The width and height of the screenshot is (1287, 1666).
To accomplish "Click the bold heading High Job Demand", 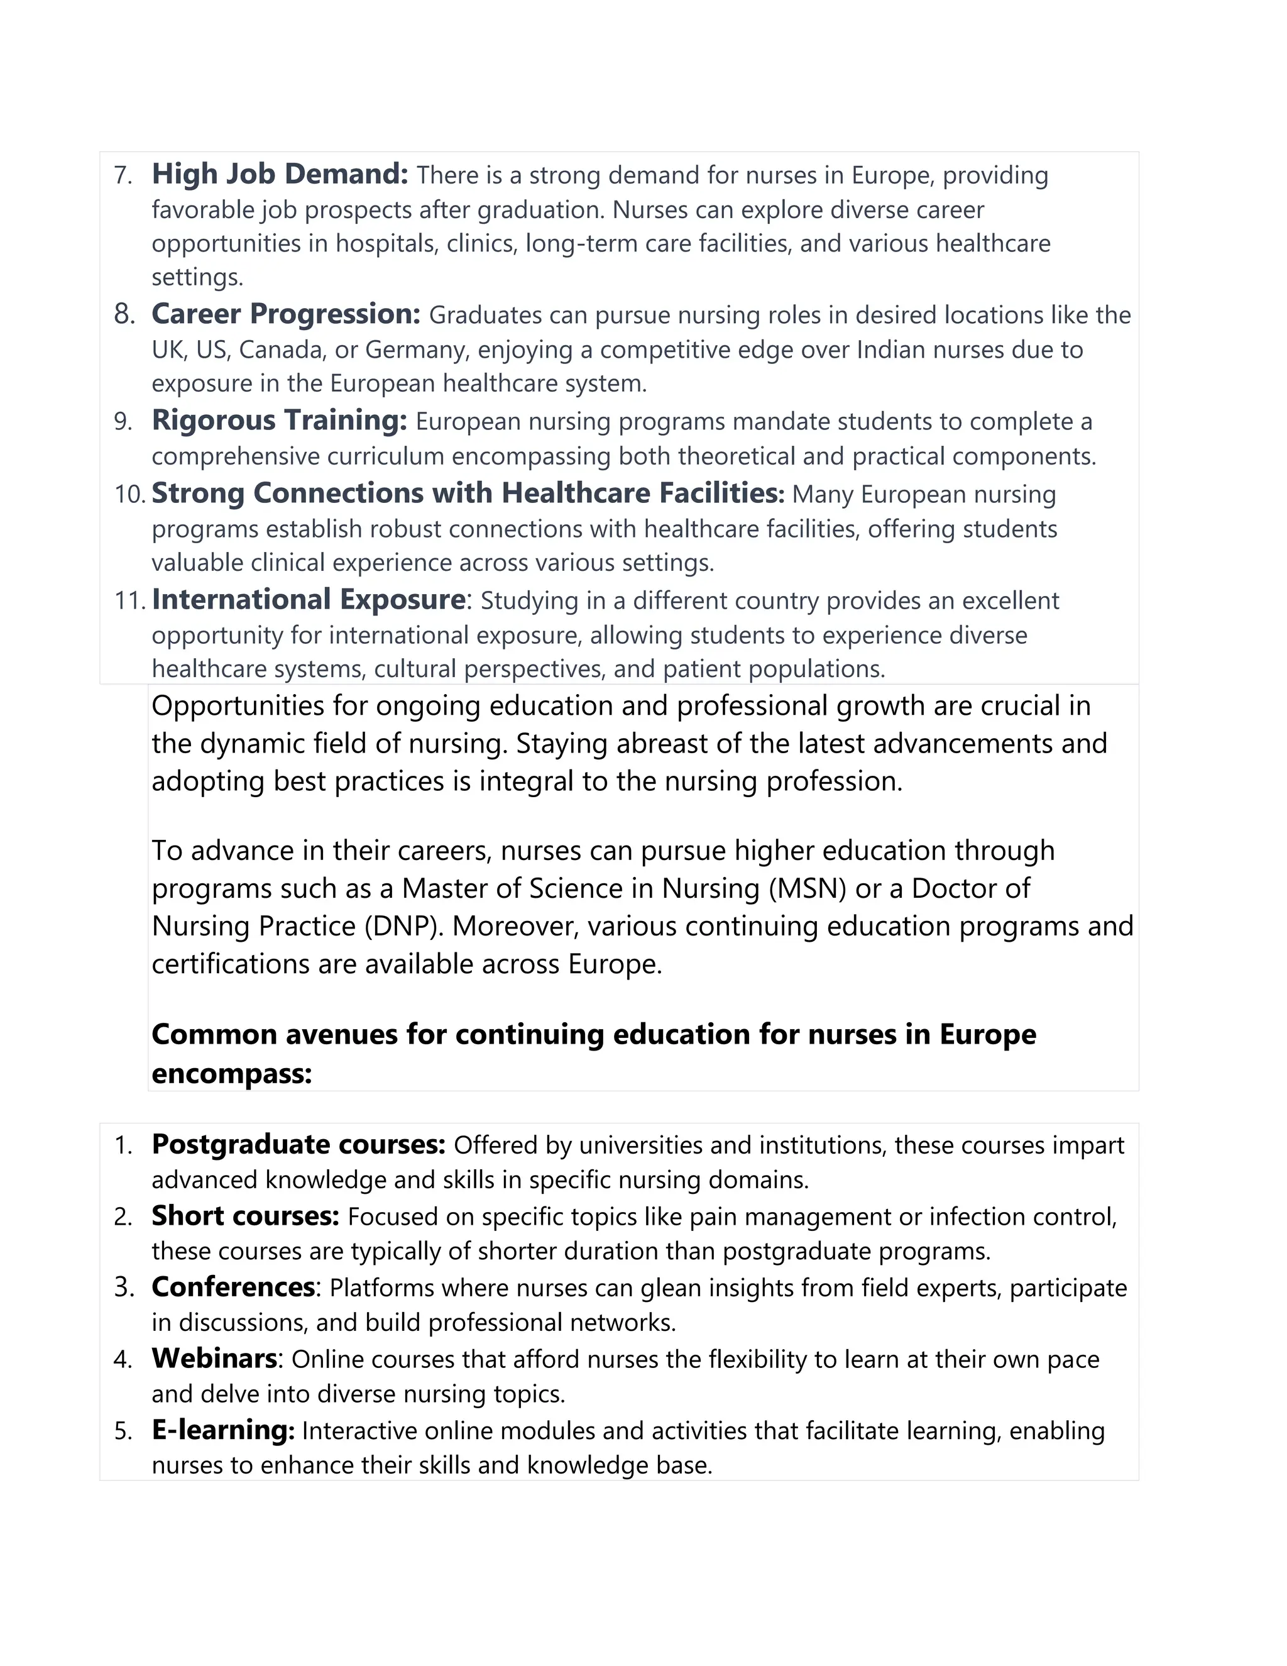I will tap(280, 175).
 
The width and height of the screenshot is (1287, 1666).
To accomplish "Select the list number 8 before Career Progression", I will tap(124, 314).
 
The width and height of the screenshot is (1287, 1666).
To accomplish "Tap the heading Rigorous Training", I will tap(279, 421).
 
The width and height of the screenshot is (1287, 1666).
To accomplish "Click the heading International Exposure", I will tap(308, 600).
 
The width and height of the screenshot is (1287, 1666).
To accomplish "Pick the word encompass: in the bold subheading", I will tap(232, 1073).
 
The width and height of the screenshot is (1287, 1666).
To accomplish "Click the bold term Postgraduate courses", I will tap(298, 1145).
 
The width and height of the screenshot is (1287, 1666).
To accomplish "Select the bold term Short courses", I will tap(244, 1216).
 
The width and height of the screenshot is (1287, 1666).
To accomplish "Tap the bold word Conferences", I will tap(233, 1287).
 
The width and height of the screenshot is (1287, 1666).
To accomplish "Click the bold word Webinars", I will tap(214, 1359).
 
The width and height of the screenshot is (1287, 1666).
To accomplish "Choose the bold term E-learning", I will tap(222, 1430).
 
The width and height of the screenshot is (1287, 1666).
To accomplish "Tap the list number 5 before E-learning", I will tap(124, 1431).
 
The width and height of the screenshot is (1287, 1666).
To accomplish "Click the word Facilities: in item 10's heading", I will tap(721, 494).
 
